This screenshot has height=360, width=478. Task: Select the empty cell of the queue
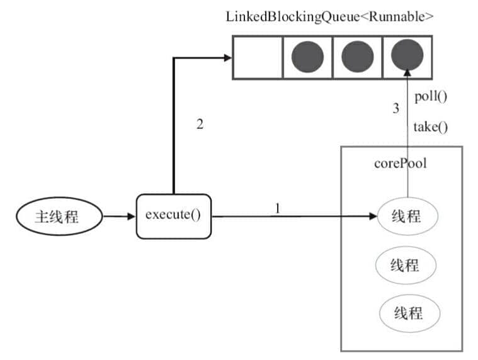click(257, 57)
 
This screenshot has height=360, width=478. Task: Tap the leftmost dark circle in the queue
click(307, 57)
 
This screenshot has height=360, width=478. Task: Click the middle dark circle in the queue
click(358, 57)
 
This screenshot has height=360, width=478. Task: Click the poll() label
click(431, 98)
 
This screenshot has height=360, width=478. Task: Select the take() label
click(431, 127)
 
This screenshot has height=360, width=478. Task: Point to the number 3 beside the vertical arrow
click(396, 108)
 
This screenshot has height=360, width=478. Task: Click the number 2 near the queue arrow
click(200, 124)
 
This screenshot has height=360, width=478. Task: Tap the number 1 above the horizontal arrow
click(276, 208)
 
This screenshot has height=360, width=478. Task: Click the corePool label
click(400, 164)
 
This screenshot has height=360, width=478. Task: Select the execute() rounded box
click(173, 216)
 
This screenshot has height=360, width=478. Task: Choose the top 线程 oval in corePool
click(407, 217)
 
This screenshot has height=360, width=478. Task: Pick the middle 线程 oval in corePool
click(407, 264)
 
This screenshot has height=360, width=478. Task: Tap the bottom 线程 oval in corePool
click(409, 312)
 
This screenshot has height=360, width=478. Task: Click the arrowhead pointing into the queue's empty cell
click(227, 57)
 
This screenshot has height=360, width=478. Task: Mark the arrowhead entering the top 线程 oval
click(372, 217)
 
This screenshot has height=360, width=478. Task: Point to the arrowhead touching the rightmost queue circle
click(407, 70)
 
